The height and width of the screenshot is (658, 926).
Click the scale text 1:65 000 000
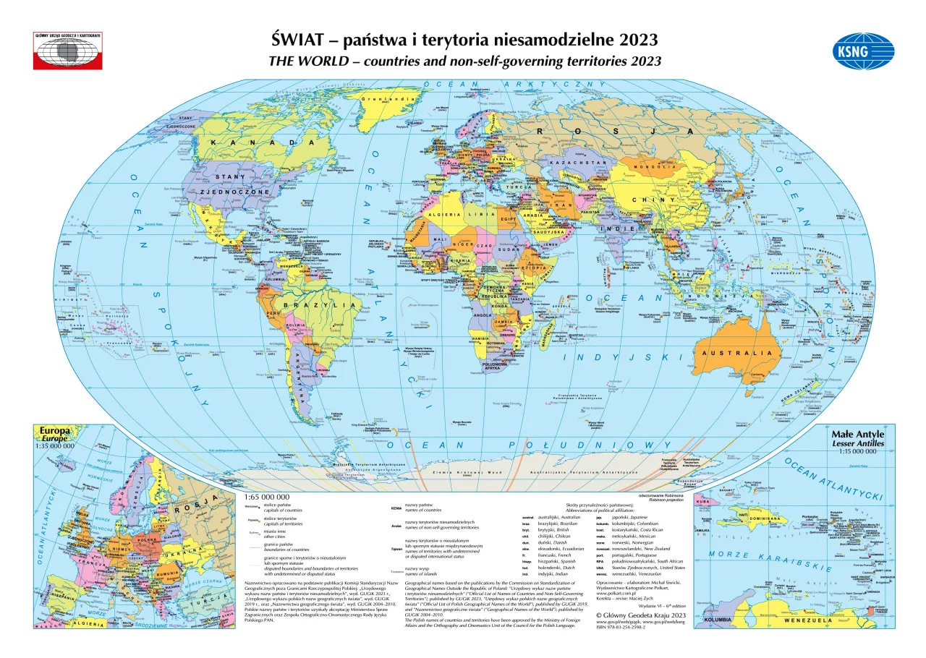click(267, 497)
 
